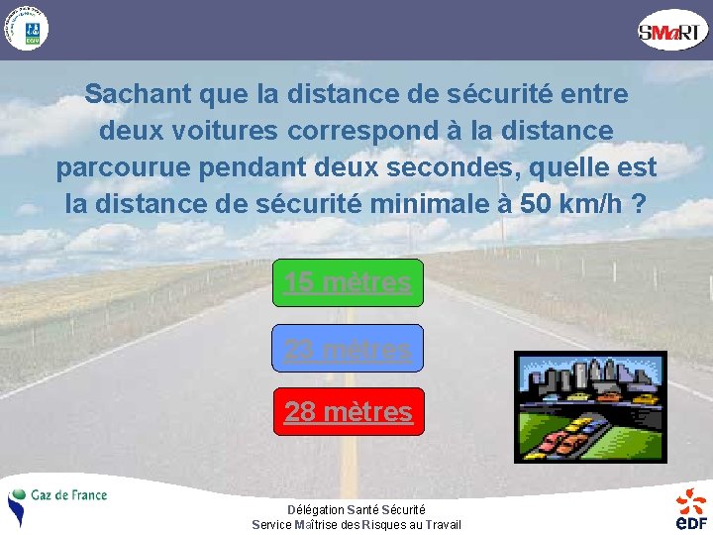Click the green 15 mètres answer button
[x=348, y=282]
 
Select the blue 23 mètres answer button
[x=348, y=349]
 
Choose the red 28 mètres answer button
[x=348, y=411]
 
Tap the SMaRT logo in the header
[x=673, y=32]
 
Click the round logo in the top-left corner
[x=25, y=29]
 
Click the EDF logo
[x=691, y=508]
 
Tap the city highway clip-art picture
[x=590, y=406]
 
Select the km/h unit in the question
[x=591, y=204]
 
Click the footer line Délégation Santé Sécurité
[x=356, y=509]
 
